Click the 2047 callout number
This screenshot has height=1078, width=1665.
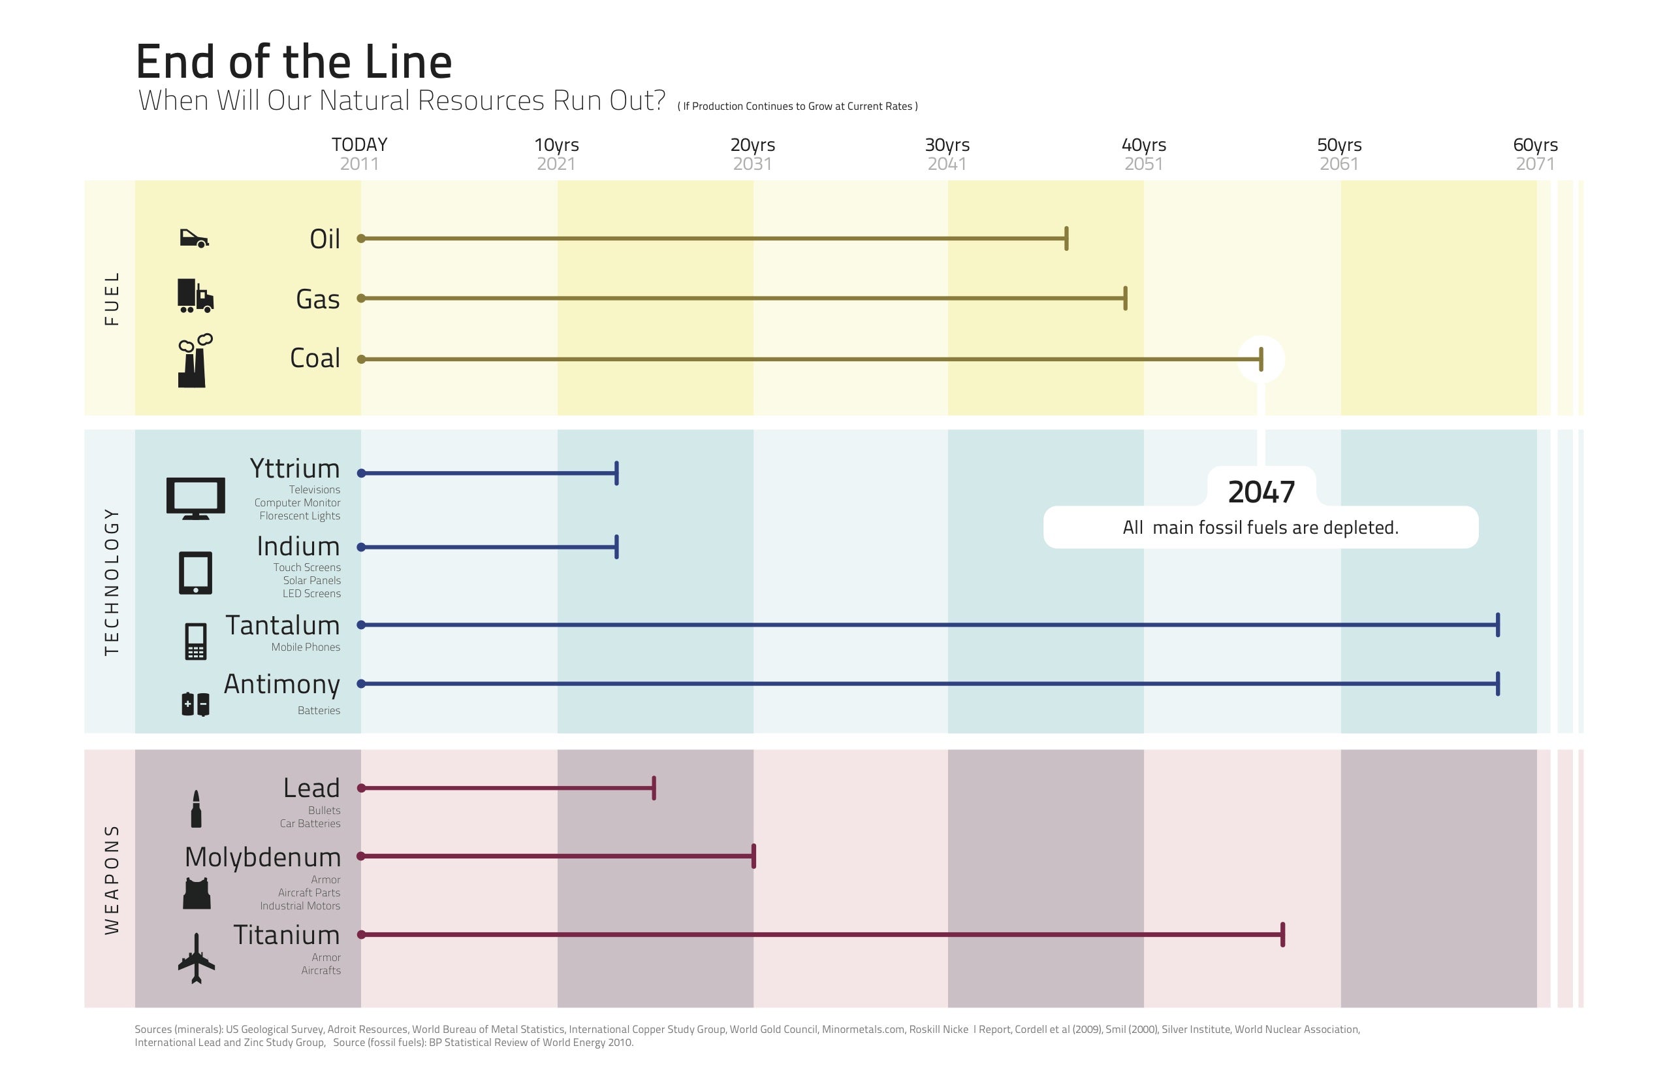coord(1261,492)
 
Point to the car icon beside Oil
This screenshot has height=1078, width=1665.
coord(195,238)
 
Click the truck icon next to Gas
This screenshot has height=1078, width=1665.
coord(195,295)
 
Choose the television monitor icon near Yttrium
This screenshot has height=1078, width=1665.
coord(196,498)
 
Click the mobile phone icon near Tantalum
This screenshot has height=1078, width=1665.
coord(196,641)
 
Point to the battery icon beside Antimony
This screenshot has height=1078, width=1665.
coord(195,704)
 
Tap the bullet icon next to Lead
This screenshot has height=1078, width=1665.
coord(196,809)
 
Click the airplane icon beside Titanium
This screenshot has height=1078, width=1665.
coord(197,958)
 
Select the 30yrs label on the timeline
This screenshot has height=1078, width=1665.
coord(947,145)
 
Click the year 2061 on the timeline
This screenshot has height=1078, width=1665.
coord(1339,164)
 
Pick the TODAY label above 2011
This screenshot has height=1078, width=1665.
coord(360,144)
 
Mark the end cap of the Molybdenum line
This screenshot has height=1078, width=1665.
coord(753,856)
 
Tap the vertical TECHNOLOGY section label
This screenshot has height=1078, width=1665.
coord(112,581)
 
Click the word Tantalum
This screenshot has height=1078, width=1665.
coord(283,625)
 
